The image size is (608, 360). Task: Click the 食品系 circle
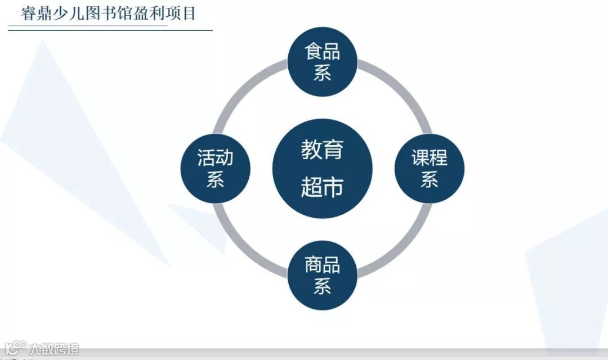tap(322, 61)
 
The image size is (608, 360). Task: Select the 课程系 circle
tap(429, 168)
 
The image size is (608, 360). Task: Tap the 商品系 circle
tap(322, 275)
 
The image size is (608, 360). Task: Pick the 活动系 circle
tap(215, 168)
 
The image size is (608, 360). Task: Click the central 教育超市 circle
tap(322, 168)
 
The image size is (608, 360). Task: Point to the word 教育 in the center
tap(322, 150)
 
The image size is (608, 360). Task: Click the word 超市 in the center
tap(322, 187)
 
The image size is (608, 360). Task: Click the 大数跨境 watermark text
tap(54, 349)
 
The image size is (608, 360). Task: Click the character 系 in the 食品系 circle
tap(322, 73)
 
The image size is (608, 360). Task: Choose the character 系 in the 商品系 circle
tap(322, 286)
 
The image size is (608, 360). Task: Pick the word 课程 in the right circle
tap(429, 158)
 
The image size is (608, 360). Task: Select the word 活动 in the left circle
tap(215, 158)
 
